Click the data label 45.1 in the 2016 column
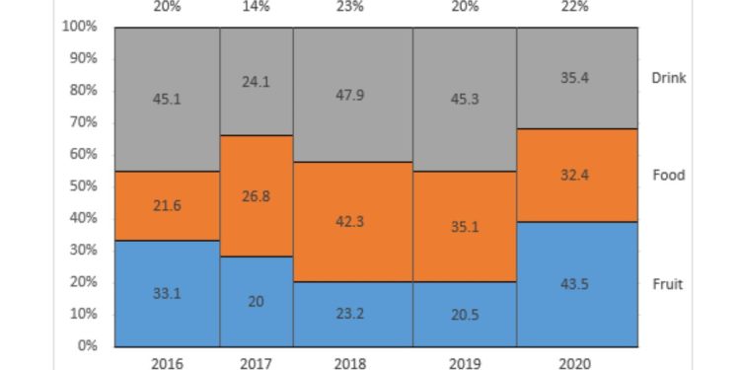tap(166, 99)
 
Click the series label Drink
tap(668, 78)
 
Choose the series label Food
tap(668, 176)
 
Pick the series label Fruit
tap(668, 284)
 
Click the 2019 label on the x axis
tap(464, 363)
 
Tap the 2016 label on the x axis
tap(166, 363)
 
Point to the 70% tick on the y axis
tap(80, 122)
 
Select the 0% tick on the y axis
tap(86, 346)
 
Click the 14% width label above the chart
tap(256, 6)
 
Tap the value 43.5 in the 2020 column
tap(575, 285)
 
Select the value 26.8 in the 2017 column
tap(256, 195)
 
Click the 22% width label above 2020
tap(575, 6)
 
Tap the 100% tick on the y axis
tap(78, 27)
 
